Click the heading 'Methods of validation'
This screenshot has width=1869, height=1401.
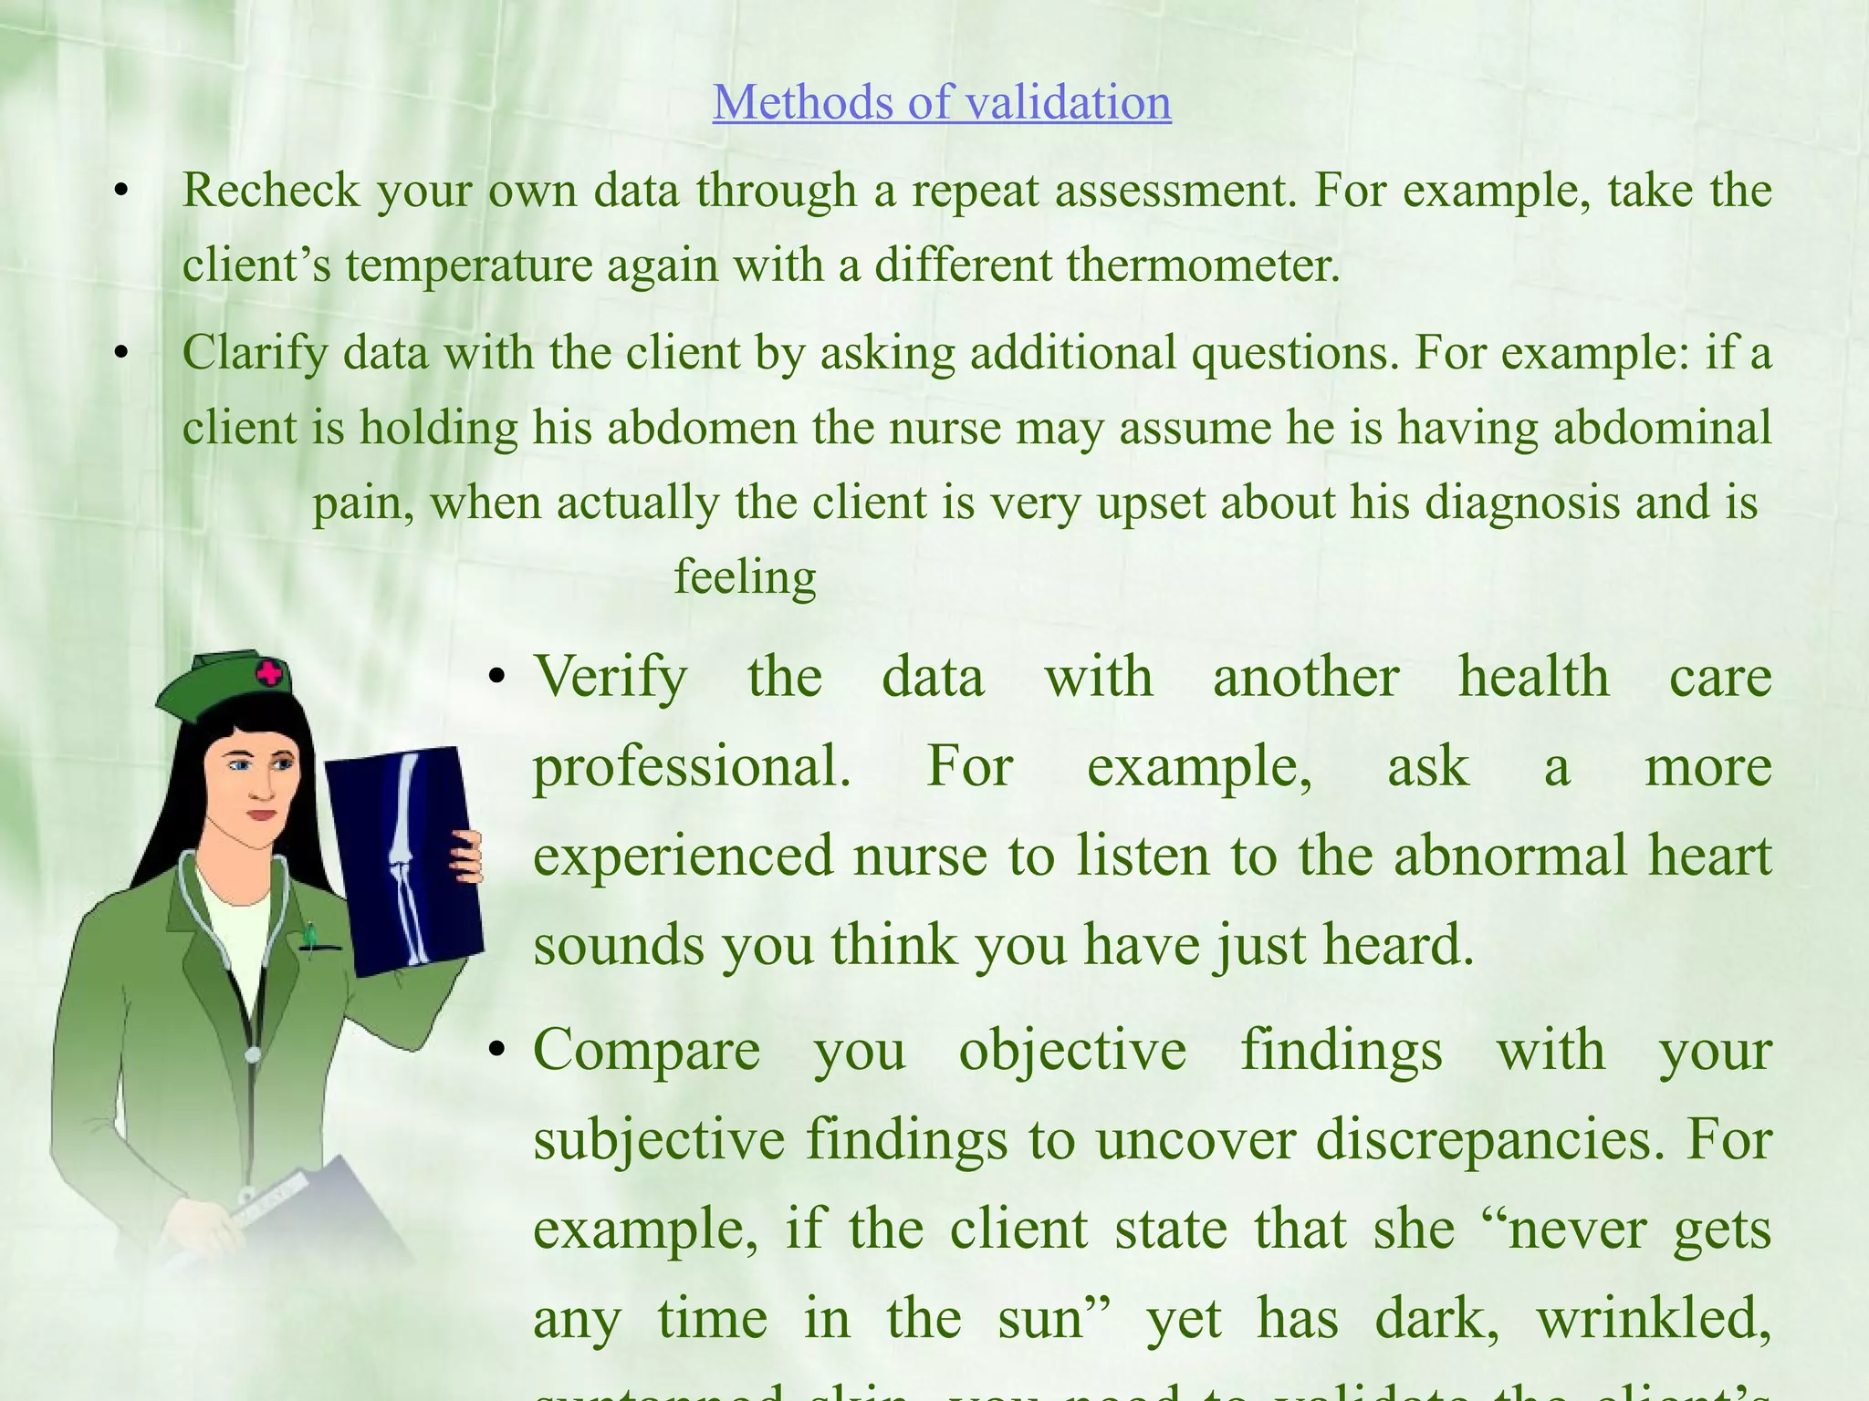click(x=941, y=102)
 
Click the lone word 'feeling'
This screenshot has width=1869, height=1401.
click(x=745, y=577)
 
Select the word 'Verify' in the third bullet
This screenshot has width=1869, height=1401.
click(x=611, y=678)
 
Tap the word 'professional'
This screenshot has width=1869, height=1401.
click(x=691, y=766)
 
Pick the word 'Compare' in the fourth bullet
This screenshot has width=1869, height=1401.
click(x=646, y=1050)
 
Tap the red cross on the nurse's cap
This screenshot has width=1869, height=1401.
click(x=269, y=675)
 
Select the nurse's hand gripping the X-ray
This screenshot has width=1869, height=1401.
click(x=467, y=857)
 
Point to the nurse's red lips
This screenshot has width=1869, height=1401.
click(x=261, y=815)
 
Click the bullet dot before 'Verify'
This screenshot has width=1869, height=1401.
click(x=496, y=678)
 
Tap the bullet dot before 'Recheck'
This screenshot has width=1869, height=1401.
click(x=120, y=192)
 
